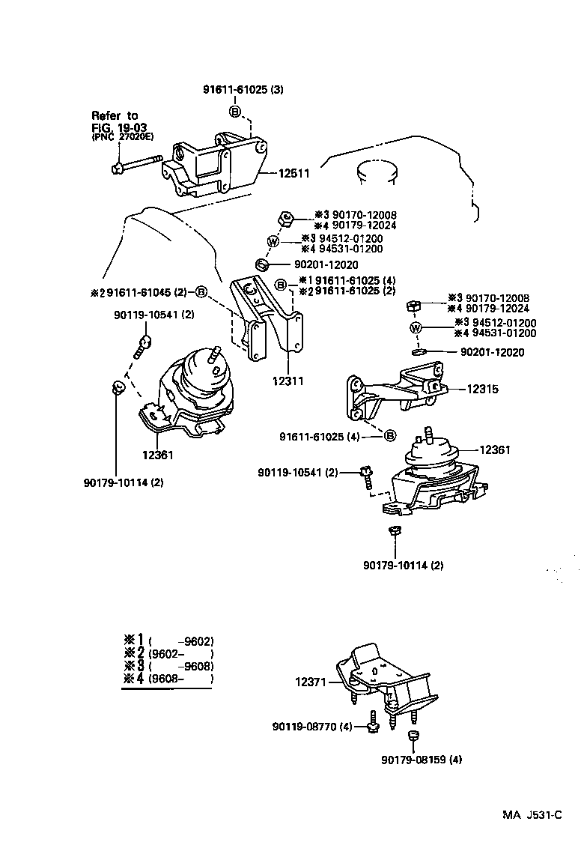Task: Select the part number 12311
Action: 288,381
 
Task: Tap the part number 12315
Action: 483,389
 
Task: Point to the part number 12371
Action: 311,682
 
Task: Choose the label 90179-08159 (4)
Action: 422,759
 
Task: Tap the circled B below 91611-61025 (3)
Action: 234,112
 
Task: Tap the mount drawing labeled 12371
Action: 383,678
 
